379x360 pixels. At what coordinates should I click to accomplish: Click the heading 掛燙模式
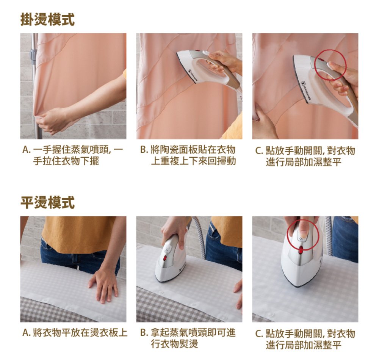(x=48, y=19)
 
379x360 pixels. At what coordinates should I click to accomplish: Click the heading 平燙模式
(x=48, y=202)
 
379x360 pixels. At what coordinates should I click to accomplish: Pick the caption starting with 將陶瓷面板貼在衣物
(x=193, y=155)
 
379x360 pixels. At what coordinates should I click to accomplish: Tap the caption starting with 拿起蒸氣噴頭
(x=193, y=338)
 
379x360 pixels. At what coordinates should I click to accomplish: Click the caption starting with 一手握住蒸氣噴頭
(x=78, y=155)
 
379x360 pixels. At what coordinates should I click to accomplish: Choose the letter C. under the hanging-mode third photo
(x=259, y=151)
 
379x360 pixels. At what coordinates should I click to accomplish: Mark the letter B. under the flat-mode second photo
(x=144, y=333)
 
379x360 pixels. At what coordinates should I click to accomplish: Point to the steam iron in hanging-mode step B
(x=208, y=68)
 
